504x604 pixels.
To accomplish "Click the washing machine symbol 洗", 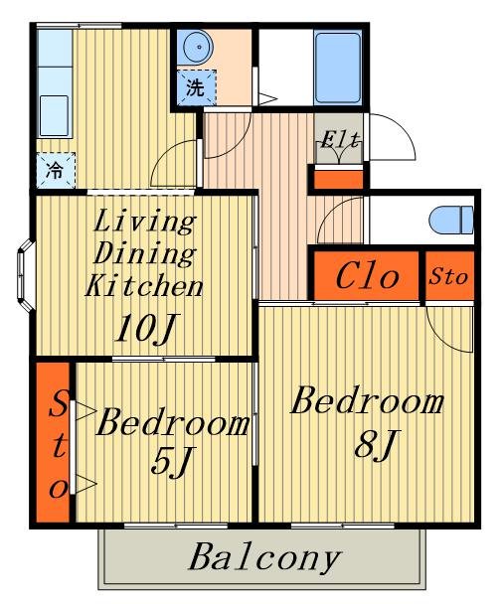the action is (x=196, y=87).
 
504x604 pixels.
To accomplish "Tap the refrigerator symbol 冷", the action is (x=56, y=170).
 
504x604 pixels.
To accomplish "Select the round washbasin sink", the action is (x=198, y=48).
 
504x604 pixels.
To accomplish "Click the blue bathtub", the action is (x=338, y=67).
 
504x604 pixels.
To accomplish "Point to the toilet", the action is (x=451, y=220).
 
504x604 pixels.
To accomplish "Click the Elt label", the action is (x=340, y=140).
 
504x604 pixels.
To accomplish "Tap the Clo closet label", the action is (x=367, y=276).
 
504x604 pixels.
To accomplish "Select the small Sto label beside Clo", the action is (x=448, y=276).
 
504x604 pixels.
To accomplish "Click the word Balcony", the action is (x=264, y=557).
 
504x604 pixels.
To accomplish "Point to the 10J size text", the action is (x=147, y=328).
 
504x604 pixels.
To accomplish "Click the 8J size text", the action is (x=376, y=445).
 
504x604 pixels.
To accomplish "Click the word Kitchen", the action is (x=144, y=285).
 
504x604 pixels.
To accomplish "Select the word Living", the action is (x=144, y=223).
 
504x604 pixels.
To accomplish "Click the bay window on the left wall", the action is (x=26, y=275).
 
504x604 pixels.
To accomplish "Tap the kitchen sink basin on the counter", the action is (x=54, y=115).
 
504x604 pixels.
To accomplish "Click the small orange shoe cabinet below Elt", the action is (x=339, y=180).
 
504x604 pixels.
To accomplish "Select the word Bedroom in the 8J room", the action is (x=367, y=401).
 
